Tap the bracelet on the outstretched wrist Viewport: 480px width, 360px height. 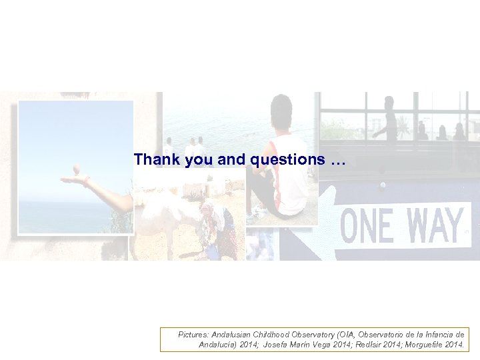(87, 181)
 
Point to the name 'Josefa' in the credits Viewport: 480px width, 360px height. (277, 345)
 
